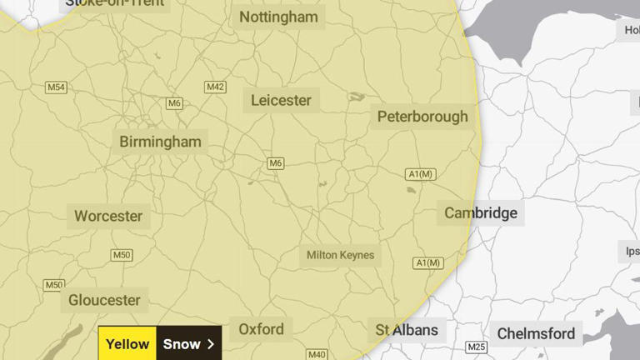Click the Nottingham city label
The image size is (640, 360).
(x=278, y=17)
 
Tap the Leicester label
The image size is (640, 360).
(x=281, y=100)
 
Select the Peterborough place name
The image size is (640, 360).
(x=422, y=117)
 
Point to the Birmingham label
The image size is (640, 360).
(x=160, y=142)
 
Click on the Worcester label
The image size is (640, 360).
(x=108, y=216)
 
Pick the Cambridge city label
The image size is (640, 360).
(x=481, y=212)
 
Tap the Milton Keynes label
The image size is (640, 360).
(x=340, y=255)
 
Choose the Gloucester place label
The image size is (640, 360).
(x=104, y=300)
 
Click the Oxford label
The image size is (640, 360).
(x=261, y=329)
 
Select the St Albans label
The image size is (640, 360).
(x=407, y=329)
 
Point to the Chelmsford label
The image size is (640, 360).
(x=536, y=334)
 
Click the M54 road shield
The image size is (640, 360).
(x=57, y=87)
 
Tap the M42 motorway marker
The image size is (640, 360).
(x=216, y=87)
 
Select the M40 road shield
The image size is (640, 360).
(x=317, y=354)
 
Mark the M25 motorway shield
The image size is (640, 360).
(x=477, y=347)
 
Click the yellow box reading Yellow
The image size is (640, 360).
(x=127, y=343)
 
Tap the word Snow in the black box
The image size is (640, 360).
(x=182, y=343)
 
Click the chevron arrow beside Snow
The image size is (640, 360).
(x=211, y=343)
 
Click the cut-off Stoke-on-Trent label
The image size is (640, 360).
(x=115, y=4)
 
